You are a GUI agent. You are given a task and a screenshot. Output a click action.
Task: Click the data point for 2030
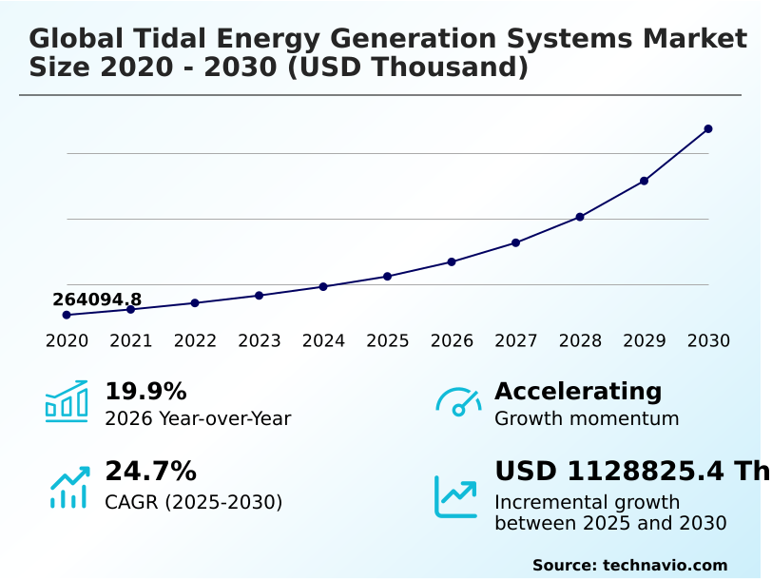click(708, 128)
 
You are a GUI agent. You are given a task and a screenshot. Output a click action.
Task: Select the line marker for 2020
click(67, 315)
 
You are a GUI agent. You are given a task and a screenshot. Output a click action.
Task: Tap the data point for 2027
click(516, 242)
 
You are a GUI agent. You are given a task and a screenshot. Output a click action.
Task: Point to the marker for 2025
click(388, 276)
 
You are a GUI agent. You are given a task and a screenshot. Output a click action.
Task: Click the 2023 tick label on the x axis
click(260, 341)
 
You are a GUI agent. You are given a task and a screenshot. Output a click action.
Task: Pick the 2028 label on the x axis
click(580, 341)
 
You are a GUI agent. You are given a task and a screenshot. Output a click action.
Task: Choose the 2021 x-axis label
click(131, 341)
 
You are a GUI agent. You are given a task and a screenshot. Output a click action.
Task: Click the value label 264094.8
click(97, 300)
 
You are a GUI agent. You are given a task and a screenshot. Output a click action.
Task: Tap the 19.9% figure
click(145, 392)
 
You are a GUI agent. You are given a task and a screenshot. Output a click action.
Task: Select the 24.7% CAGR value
click(150, 472)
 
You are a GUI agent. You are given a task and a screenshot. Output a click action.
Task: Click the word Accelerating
click(578, 392)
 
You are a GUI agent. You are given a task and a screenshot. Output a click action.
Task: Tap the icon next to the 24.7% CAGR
click(68, 486)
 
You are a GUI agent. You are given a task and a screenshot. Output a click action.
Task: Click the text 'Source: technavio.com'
click(629, 565)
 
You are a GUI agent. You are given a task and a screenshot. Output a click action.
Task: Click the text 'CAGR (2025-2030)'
click(193, 502)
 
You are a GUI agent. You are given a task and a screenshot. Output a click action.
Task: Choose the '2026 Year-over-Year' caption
click(198, 418)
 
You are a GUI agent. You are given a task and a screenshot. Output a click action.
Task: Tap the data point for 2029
click(644, 181)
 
